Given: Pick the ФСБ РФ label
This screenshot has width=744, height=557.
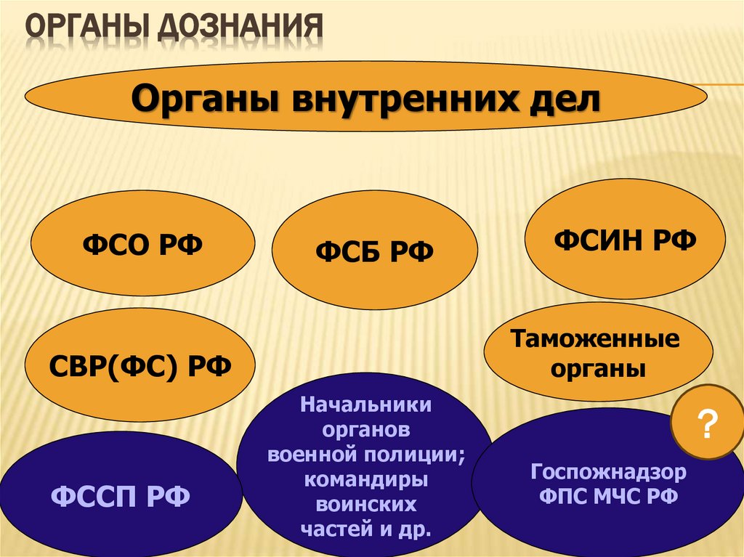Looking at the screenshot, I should (x=374, y=252).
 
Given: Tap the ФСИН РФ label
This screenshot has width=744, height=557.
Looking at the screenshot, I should (x=625, y=239).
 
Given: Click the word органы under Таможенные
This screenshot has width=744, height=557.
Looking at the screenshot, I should (x=598, y=369).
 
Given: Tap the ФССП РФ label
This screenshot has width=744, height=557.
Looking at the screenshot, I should (x=121, y=497).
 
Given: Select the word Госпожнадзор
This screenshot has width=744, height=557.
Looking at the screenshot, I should (x=608, y=473).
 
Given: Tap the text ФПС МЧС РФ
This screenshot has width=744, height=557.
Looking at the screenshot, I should (x=608, y=497).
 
